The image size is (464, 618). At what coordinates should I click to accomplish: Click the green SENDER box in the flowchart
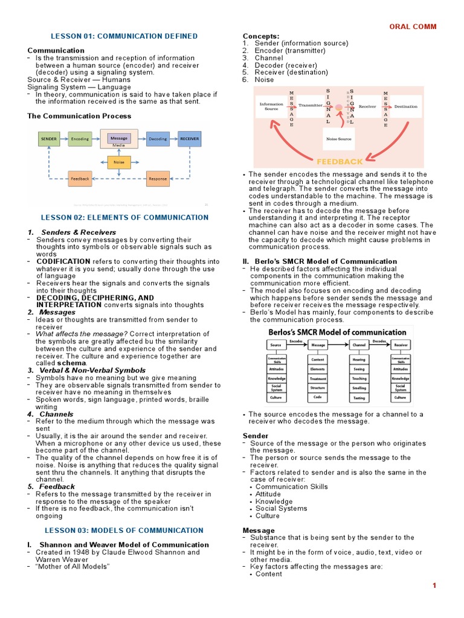(x=49, y=139)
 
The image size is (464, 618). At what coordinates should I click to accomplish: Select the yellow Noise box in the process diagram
(x=119, y=162)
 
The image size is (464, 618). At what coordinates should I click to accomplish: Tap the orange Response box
(x=158, y=179)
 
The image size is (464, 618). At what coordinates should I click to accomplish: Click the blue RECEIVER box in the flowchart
(x=189, y=139)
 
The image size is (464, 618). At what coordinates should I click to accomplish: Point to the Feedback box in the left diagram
(x=80, y=179)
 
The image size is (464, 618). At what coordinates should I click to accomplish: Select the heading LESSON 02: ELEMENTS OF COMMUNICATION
(x=124, y=217)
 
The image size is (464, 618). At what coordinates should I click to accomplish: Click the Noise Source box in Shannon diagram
(x=338, y=138)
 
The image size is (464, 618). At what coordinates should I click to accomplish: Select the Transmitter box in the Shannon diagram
(x=311, y=106)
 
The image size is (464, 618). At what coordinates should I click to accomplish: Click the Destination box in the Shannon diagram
(x=406, y=106)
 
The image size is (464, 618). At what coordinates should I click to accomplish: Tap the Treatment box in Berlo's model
(x=317, y=378)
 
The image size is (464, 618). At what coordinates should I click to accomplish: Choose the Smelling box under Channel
(x=359, y=388)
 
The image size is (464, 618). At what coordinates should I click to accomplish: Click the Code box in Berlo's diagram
(x=317, y=398)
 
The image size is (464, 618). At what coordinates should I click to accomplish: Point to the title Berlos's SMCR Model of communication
(x=337, y=332)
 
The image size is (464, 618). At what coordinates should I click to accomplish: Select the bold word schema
(x=76, y=363)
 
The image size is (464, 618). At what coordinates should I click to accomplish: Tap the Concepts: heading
(x=261, y=36)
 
